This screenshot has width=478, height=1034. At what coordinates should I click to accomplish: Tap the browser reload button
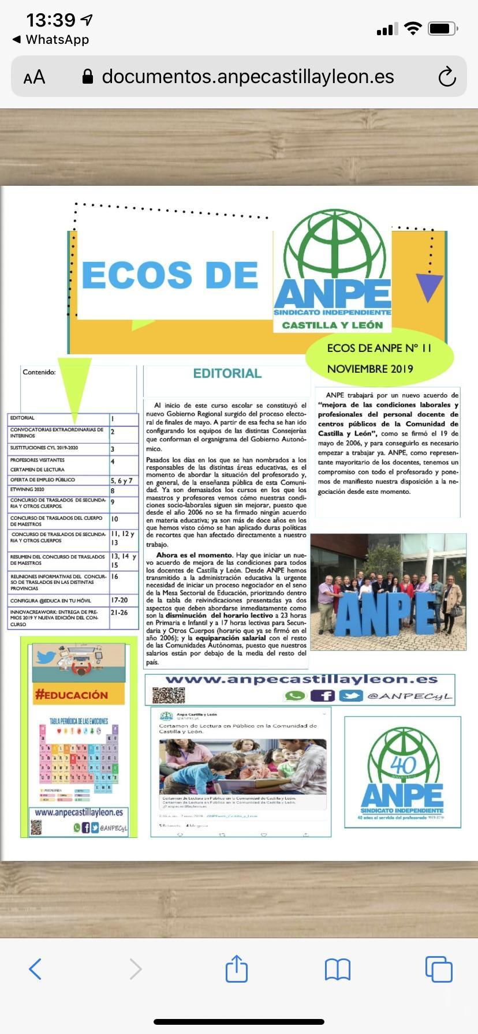tap(447, 77)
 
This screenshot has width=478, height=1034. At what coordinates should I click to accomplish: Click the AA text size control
tap(34, 77)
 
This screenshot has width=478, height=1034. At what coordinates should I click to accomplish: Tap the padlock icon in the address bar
tap(88, 77)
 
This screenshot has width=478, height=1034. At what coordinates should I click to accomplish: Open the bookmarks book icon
tap(338, 969)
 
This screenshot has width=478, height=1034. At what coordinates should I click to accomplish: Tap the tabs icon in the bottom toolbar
tap(439, 969)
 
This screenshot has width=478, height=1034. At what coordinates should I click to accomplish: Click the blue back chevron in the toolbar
tap(35, 969)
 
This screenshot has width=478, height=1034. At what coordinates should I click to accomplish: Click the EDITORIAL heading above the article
tap(227, 373)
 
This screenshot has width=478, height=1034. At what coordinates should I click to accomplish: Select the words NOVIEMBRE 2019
tap(370, 369)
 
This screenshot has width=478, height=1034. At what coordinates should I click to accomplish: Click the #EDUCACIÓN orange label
tap(72, 695)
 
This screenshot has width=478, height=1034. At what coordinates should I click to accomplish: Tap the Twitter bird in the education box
tap(46, 657)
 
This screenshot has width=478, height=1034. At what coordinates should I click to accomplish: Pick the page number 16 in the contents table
tap(115, 576)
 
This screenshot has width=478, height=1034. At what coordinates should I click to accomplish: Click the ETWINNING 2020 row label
tap(27, 489)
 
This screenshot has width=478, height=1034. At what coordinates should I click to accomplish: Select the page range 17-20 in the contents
tap(119, 600)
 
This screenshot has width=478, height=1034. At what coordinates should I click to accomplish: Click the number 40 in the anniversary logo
tap(403, 765)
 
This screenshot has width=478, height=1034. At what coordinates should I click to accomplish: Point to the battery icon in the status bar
tap(443, 28)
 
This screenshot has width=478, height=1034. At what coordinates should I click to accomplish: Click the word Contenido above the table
tap(39, 372)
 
